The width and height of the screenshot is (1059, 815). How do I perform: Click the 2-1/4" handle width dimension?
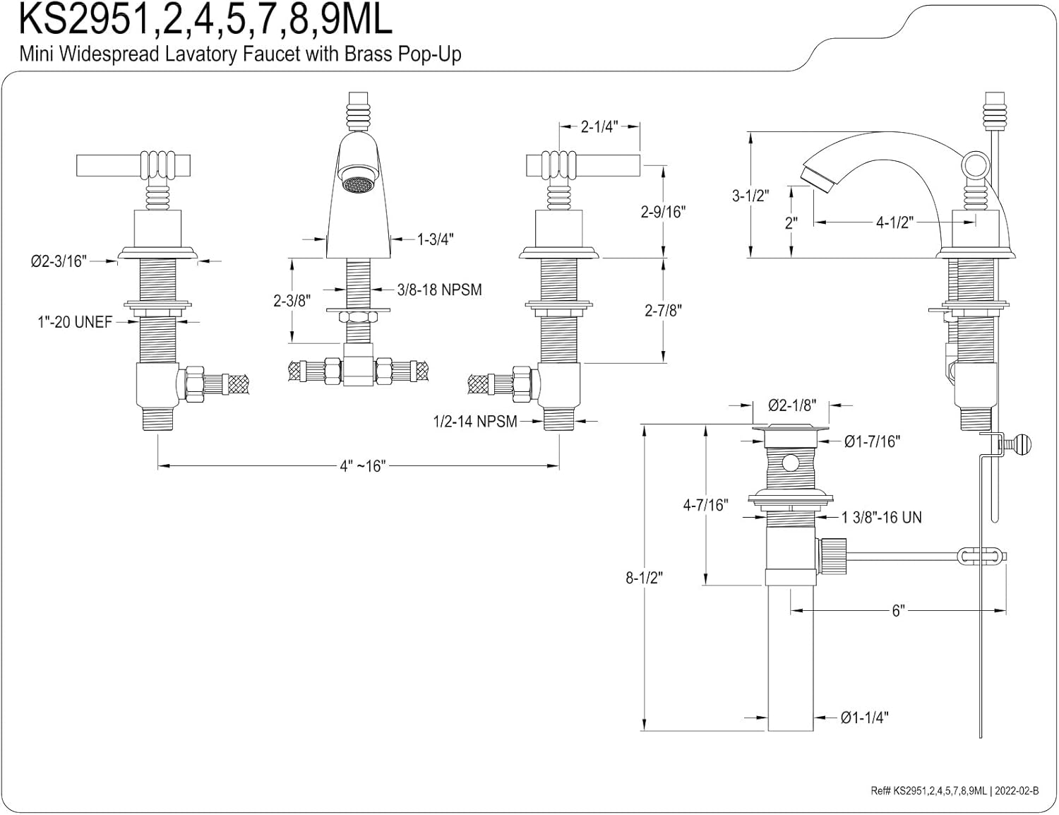[599, 126]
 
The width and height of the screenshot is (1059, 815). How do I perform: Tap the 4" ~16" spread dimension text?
[362, 466]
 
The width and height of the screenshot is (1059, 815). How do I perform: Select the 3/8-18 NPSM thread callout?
[439, 290]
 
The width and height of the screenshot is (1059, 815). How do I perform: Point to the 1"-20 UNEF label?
[75, 322]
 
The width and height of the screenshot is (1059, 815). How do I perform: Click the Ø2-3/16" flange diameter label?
[59, 262]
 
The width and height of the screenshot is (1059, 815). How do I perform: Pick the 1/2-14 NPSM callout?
[475, 422]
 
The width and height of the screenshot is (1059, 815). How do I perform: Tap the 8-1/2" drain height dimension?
[645, 578]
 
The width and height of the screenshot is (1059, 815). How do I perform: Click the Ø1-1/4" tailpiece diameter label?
[865, 718]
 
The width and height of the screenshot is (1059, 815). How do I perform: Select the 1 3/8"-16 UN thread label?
[882, 517]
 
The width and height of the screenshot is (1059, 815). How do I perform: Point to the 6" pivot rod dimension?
[898, 611]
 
